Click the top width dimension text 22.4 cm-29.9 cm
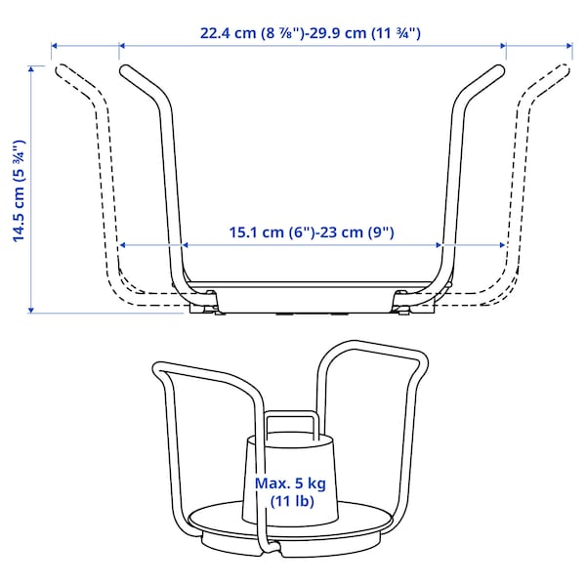click(x=311, y=33)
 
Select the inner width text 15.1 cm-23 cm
click(x=311, y=232)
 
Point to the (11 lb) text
click(x=289, y=502)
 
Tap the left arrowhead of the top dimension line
click(x=56, y=46)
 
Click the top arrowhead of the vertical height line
click(x=32, y=69)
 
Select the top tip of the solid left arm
click(x=124, y=68)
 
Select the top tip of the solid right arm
click(x=501, y=68)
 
